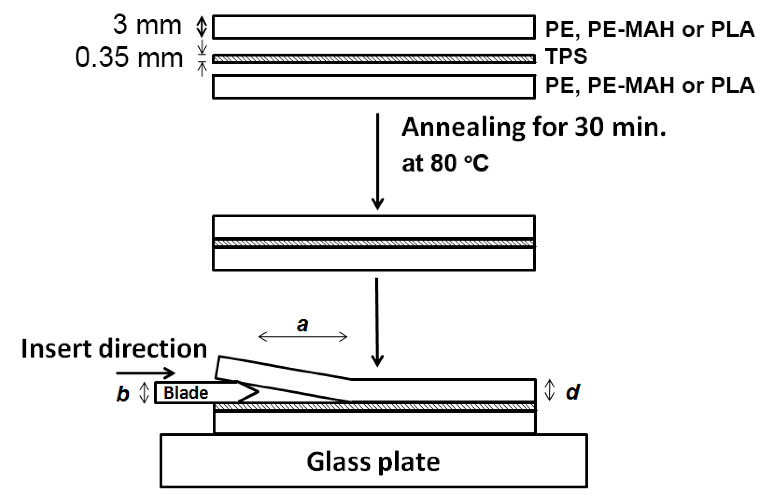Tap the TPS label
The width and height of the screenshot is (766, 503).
(x=566, y=56)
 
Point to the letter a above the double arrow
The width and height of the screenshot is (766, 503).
(x=302, y=325)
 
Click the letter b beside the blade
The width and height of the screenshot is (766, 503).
(x=123, y=394)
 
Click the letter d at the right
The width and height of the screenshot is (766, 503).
(x=573, y=392)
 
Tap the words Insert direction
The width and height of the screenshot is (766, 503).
(x=114, y=349)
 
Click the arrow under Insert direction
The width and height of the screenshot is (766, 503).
(x=146, y=373)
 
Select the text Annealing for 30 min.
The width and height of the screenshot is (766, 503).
(x=534, y=128)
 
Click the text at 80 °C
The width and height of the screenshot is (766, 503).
(x=445, y=163)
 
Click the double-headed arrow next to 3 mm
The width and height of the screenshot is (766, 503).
(x=202, y=26)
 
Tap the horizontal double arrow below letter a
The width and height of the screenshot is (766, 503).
(x=303, y=337)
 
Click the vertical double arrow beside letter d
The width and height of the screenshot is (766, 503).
(x=549, y=390)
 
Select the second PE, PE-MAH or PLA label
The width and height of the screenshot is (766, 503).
(x=650, y=85)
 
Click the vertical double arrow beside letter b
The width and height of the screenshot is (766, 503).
(x=144, y=392)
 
